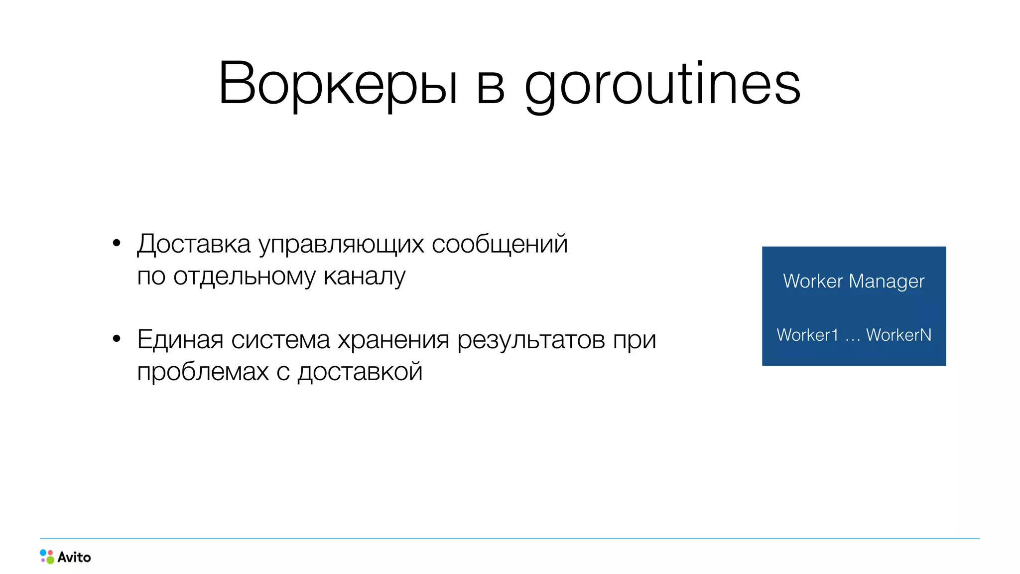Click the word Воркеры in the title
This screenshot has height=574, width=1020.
(338, 84)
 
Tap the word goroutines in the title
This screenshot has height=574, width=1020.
(662, 85)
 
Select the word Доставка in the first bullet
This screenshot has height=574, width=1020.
(194, 244)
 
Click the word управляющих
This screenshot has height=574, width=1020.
(341, 245)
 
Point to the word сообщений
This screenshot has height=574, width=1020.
(500, 244)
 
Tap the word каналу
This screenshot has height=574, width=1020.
(365, 277)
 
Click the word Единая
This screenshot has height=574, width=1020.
(180, 340)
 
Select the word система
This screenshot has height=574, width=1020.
(280, 340)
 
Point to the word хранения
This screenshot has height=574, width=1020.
(393, 340)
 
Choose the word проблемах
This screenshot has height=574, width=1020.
(203, 372)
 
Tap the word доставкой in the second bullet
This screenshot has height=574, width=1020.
(360, 372)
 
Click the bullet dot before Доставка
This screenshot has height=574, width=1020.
(117, 243)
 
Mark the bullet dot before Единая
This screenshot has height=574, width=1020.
(117, 339)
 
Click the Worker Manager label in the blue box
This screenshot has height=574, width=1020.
(854, 282)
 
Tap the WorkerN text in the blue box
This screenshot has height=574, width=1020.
(898, 335)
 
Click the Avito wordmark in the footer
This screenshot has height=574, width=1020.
(74, 557)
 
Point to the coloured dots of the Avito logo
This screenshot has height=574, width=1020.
(47, 557)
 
